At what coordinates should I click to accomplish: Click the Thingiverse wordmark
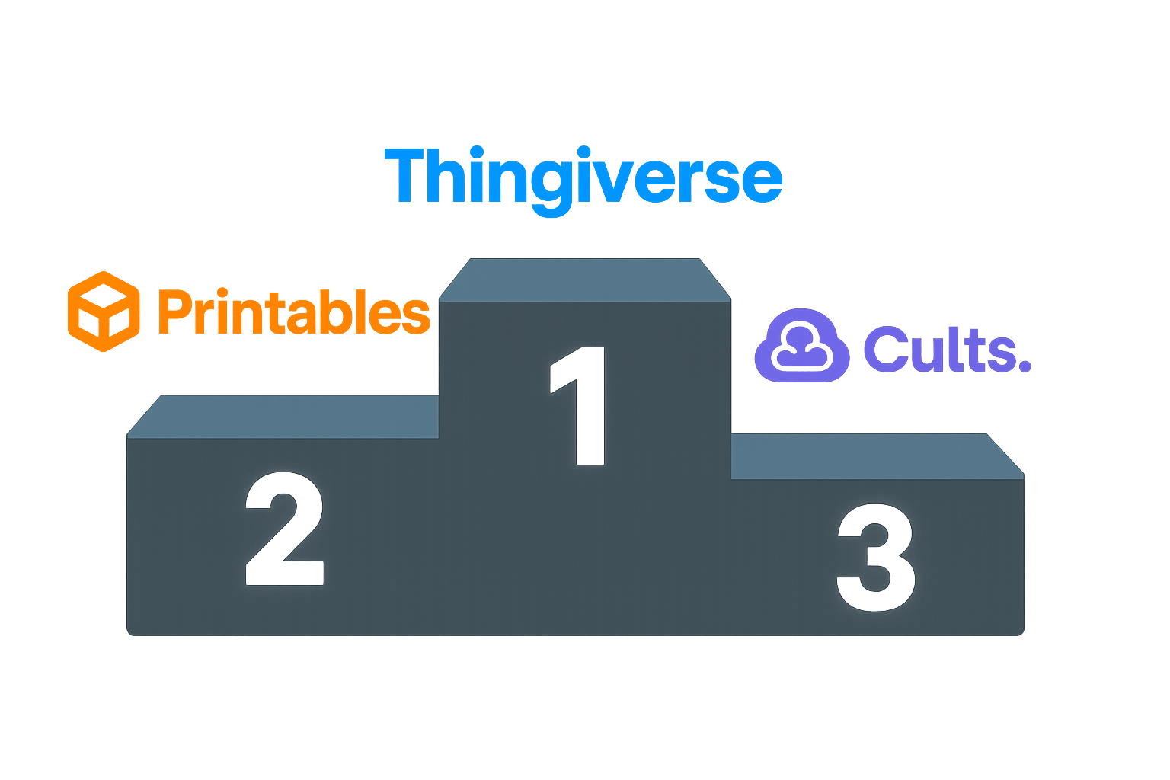(x=583, y=177)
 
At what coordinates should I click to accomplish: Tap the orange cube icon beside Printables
(x=104, y=312)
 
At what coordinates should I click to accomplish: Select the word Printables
(x=293, y=312)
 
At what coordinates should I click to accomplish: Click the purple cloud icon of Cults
(x=801, y=346)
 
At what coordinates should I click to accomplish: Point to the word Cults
(x=946, y=350)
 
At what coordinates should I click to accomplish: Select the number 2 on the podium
(x=285, y=529)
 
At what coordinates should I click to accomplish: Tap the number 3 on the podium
(x=876, y=557)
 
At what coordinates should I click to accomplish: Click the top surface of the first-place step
(x=583, y=280)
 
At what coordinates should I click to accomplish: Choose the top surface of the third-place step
(x=868, y=456)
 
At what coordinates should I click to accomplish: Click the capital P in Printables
(x=173, y=312)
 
